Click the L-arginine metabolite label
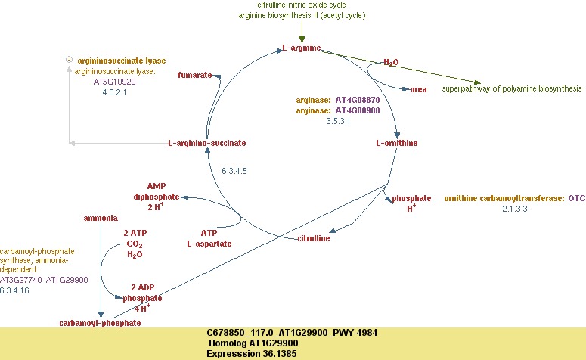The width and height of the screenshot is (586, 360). (301, 49)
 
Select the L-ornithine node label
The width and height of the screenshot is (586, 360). (396, 143)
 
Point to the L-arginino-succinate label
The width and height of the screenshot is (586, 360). (206, 143)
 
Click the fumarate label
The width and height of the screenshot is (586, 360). (194, 76)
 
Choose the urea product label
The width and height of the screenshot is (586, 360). (418, 89)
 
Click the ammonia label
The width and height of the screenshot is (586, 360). (100, 218)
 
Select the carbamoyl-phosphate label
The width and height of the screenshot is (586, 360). (100, 323)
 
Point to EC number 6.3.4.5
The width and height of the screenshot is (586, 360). (235, 172)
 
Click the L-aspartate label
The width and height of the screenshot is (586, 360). (209, 244)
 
